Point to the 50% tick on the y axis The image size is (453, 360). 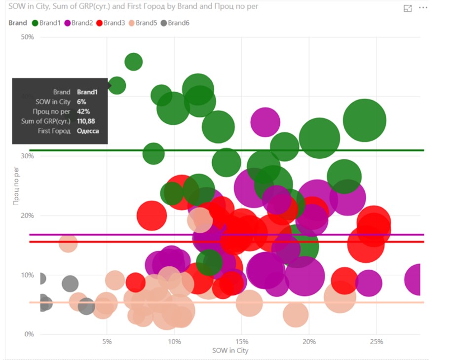pos(27,37)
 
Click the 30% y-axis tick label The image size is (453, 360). pos(27,156)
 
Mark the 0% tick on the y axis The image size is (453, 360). pos(29,334)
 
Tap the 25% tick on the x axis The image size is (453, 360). pos(376,342)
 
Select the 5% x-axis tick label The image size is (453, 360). pos(107,342)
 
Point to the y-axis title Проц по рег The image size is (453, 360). pos(17,186)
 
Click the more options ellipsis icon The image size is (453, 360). pos(423,8)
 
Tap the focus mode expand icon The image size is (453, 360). pos(408,8)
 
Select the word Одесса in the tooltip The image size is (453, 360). pos(88,131)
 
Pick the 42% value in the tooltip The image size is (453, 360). pos(83,111)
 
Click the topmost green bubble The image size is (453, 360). pos(133,62)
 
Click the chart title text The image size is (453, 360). pos(134,7)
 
